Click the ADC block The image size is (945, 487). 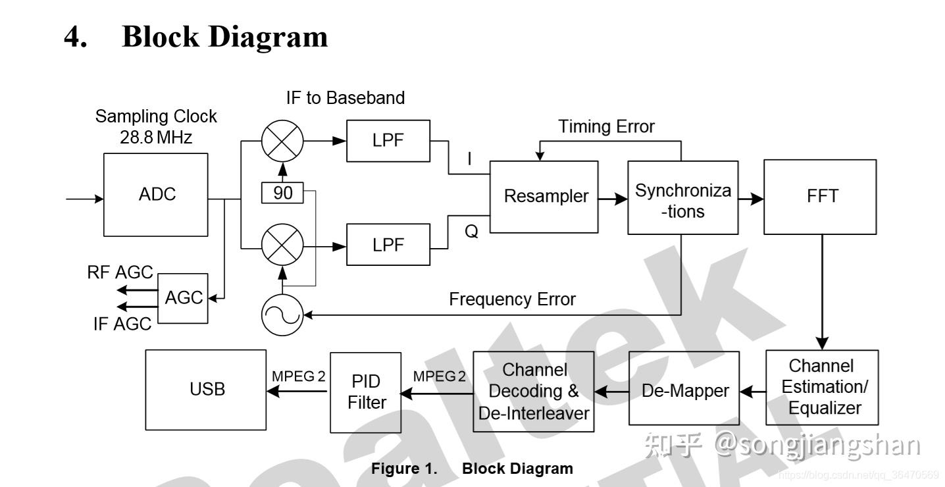157,195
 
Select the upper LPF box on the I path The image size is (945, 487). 388,140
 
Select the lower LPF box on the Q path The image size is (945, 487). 388,245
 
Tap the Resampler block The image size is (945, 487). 546,196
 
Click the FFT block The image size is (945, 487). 820,196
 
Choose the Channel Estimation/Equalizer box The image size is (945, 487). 823,387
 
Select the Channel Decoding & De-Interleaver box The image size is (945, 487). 534,391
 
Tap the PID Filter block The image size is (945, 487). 366,392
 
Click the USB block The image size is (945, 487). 206,390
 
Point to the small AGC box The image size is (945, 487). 184,298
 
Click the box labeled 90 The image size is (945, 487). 283,193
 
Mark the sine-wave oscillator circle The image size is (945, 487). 282,315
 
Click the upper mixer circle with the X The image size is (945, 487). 282,140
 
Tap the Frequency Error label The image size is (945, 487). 512,299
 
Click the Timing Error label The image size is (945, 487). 606,126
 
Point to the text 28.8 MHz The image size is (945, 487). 156,138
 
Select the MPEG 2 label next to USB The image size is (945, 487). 299,376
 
